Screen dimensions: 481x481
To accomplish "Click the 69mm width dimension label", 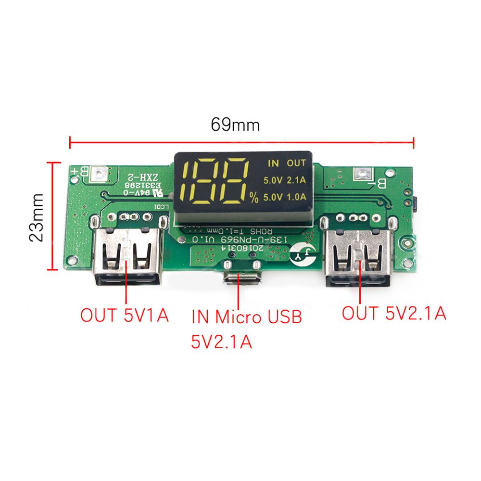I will (235, 125).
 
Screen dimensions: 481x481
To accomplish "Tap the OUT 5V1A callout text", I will (124, 316).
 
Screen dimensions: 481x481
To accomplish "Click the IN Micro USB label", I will (246, 317).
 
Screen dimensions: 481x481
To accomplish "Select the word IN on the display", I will (273, 164).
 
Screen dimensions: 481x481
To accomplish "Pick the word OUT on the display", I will (296, 164).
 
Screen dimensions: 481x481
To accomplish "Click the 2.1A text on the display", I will (296, 181).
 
